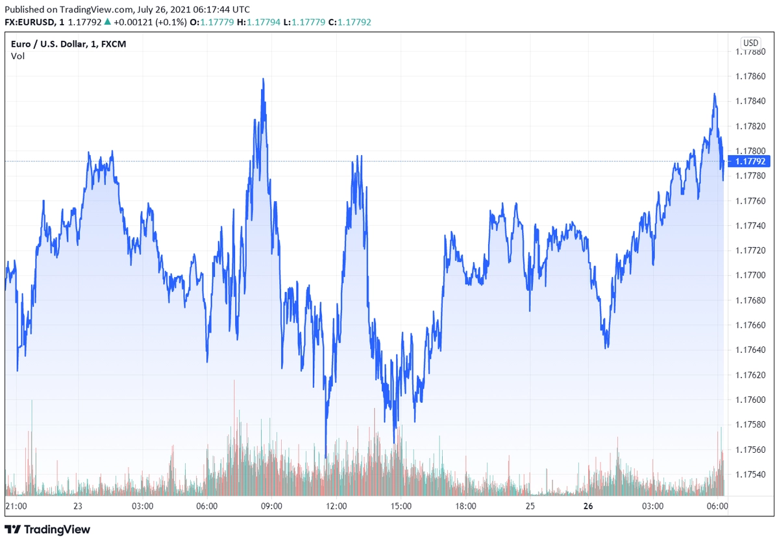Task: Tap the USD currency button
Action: point(750,43)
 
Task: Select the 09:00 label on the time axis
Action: point(271,506)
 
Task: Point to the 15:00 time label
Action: point(401,506)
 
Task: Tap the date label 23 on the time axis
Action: point(77,506)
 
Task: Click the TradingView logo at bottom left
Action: point(48,529)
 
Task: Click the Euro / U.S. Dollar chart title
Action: point(69,43)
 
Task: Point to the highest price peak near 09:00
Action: point(263,79)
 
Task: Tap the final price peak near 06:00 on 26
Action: point(715,94)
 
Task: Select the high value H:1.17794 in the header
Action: point(258,22)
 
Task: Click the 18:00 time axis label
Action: point(465,506)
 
